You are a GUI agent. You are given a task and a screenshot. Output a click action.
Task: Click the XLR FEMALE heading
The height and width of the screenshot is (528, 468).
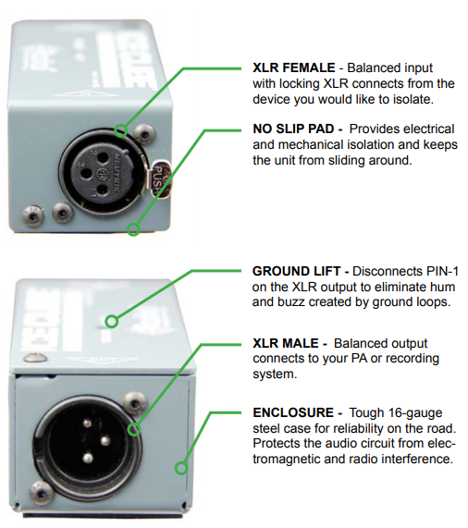point(293,68)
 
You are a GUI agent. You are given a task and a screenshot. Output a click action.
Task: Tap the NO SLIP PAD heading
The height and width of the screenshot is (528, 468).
point(293,129)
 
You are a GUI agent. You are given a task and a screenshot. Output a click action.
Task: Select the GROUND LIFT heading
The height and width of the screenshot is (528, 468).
point(296,271)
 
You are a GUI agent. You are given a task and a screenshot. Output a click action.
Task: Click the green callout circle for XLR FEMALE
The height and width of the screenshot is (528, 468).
point(120,130)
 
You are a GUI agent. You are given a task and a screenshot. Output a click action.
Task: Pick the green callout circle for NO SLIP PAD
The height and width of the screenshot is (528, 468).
point(133,229)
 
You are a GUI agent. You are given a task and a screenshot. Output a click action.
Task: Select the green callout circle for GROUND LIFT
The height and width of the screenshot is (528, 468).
point(111,321)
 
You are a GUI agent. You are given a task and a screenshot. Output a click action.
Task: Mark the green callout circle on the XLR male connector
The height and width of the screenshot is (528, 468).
point(134,429)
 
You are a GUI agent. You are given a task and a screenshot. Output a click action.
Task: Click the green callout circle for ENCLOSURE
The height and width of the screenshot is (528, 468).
point(181,468)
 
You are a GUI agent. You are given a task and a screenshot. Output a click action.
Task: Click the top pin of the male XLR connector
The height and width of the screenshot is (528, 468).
point(88,423)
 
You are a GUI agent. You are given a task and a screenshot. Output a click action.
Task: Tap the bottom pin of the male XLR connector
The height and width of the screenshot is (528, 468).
point(88,458)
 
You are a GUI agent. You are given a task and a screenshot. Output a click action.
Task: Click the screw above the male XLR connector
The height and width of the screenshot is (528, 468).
point(134,402)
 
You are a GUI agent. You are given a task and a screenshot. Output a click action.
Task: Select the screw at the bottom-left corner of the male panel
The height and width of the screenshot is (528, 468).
point(42,494)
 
